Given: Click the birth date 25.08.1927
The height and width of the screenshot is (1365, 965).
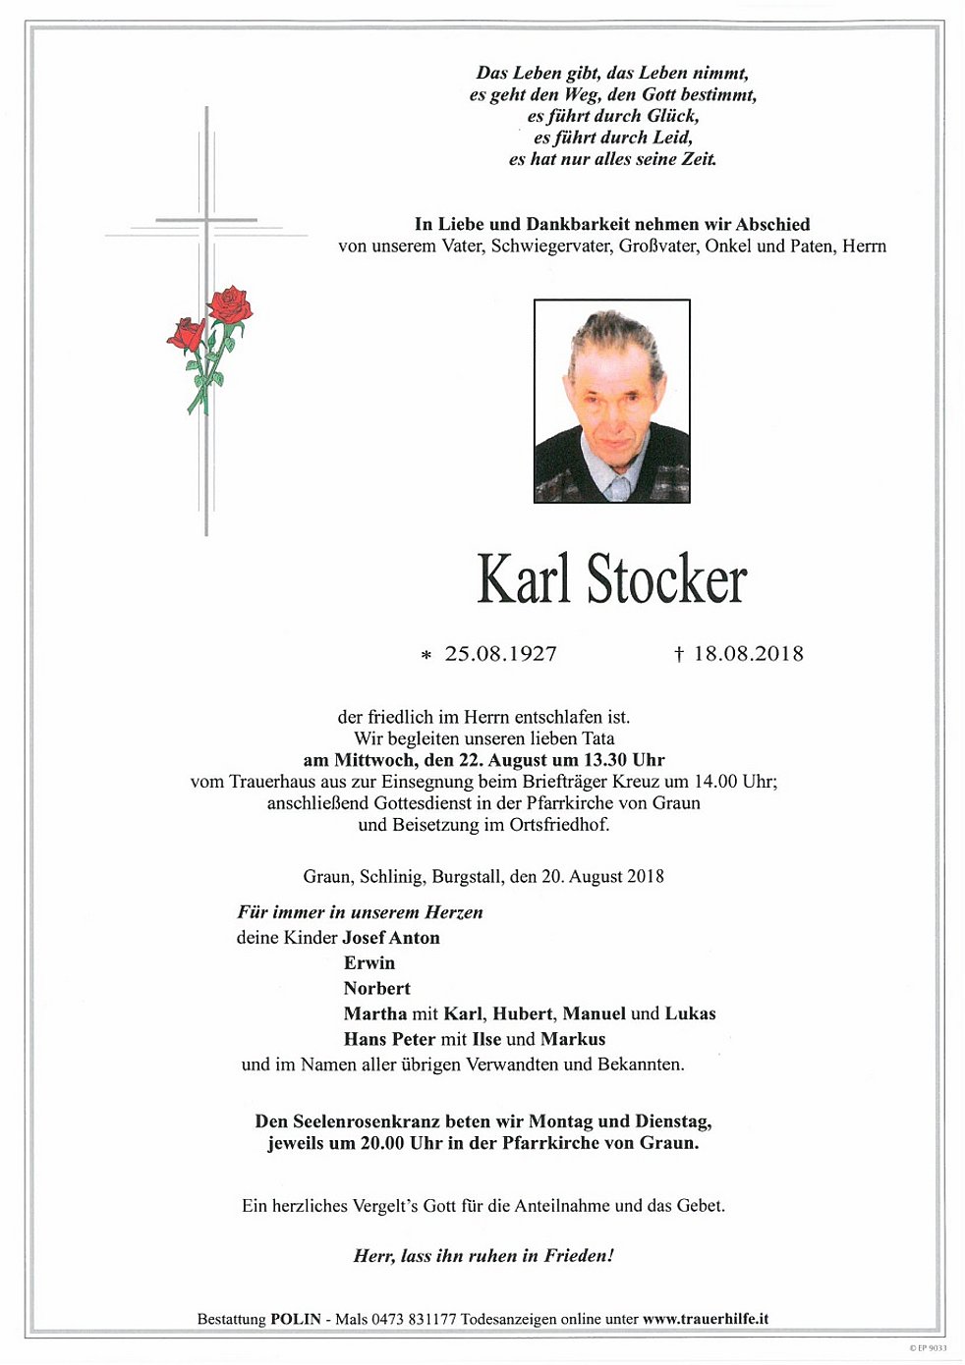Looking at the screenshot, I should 500,654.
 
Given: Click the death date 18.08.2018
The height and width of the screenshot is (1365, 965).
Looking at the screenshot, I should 748,654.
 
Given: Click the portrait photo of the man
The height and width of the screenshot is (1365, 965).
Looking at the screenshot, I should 611,401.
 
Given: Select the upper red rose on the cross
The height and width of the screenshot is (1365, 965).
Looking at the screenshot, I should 231,304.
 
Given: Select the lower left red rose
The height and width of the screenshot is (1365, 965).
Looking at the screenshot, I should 185,335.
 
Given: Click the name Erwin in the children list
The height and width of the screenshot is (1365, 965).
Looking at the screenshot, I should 369,963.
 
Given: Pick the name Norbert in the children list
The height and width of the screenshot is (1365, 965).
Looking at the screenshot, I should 377,989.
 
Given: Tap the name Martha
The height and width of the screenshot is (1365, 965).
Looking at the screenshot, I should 374,1014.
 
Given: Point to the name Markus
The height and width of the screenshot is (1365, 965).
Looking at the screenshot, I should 573,1040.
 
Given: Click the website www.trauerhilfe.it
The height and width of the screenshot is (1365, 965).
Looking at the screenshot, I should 706,1320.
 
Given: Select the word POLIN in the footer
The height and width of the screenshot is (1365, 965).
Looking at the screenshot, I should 296,1320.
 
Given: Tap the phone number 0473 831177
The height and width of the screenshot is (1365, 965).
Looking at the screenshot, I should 414,1320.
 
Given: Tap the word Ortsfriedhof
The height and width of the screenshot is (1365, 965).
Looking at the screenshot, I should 559,825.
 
